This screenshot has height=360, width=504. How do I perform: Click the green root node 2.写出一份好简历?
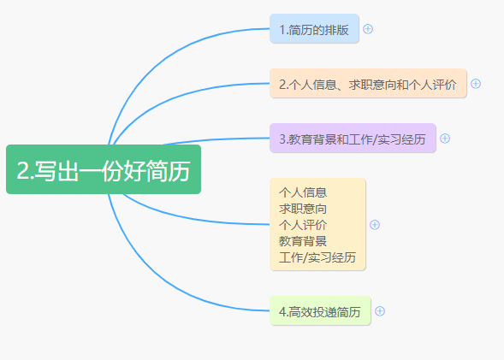pyautogui.click(x=104, y=169)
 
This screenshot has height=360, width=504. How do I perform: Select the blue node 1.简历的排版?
pyautogui.click(x=314, y=28)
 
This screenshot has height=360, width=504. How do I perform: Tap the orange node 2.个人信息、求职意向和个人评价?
pyautogui.click(x=368, y=83)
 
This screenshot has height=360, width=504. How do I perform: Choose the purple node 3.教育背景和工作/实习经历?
pyautogui.click(x=353, y=138)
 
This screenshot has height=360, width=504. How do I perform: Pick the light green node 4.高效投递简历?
pyautogui.click(x=320, y=310)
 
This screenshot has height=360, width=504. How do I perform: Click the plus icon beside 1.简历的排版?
pyautogui.click(x=368, y=29)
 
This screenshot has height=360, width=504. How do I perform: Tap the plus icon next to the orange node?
pyautogui.click(x=476, y=84)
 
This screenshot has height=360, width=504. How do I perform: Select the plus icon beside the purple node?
pyautogui.click(x=445, y=139)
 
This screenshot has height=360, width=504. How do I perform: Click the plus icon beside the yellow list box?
pyautogui.click(x=375, y=225)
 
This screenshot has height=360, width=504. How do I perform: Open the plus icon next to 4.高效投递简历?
pyautogui.click(x=380, y=311)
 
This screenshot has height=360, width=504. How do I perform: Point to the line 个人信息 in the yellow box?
pyautogui.click(x=303, y=192)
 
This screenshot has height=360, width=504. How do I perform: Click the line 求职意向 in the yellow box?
pyautogui.click(x=303, y=209)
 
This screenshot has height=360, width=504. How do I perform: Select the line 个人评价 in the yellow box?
pyautogui.click(x=303, y=225)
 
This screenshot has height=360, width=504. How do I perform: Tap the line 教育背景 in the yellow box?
pyautogui.click(x=303, y=241)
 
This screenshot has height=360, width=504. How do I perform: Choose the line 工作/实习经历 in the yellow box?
pyautogui.click(x=317, y=257)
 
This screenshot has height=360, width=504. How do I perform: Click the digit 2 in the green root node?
pyautogui.click(x=22, y=170)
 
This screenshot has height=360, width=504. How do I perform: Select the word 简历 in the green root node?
pyautogui.click(x=168, y=170)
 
